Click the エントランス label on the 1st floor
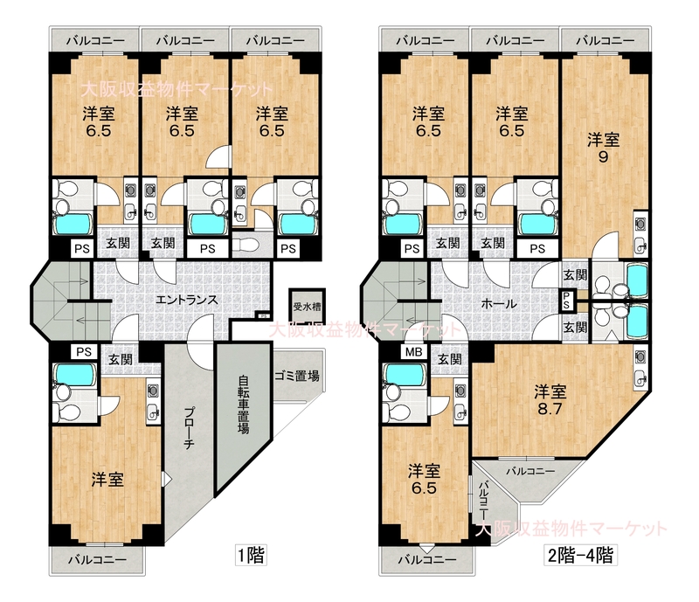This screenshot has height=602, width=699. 186,300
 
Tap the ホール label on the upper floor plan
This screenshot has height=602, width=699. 499,304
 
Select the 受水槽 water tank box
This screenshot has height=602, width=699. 307,308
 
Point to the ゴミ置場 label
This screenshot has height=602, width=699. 297,377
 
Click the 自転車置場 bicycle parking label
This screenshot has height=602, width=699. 243,405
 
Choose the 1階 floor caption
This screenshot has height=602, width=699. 251,556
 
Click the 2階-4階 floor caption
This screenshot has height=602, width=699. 580,556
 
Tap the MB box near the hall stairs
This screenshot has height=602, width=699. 413,352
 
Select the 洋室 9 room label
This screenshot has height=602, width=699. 603,149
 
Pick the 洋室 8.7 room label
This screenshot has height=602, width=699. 550,400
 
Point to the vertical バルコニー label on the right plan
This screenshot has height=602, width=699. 484,501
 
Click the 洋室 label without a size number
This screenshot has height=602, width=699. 107,480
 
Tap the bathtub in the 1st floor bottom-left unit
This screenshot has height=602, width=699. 74,374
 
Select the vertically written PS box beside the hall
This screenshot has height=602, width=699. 566,301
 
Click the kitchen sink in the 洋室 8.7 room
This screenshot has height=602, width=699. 640,377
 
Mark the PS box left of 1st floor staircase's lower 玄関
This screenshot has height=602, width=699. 83,352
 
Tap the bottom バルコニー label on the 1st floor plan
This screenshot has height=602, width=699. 97,559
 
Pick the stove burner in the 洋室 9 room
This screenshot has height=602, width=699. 640,225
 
